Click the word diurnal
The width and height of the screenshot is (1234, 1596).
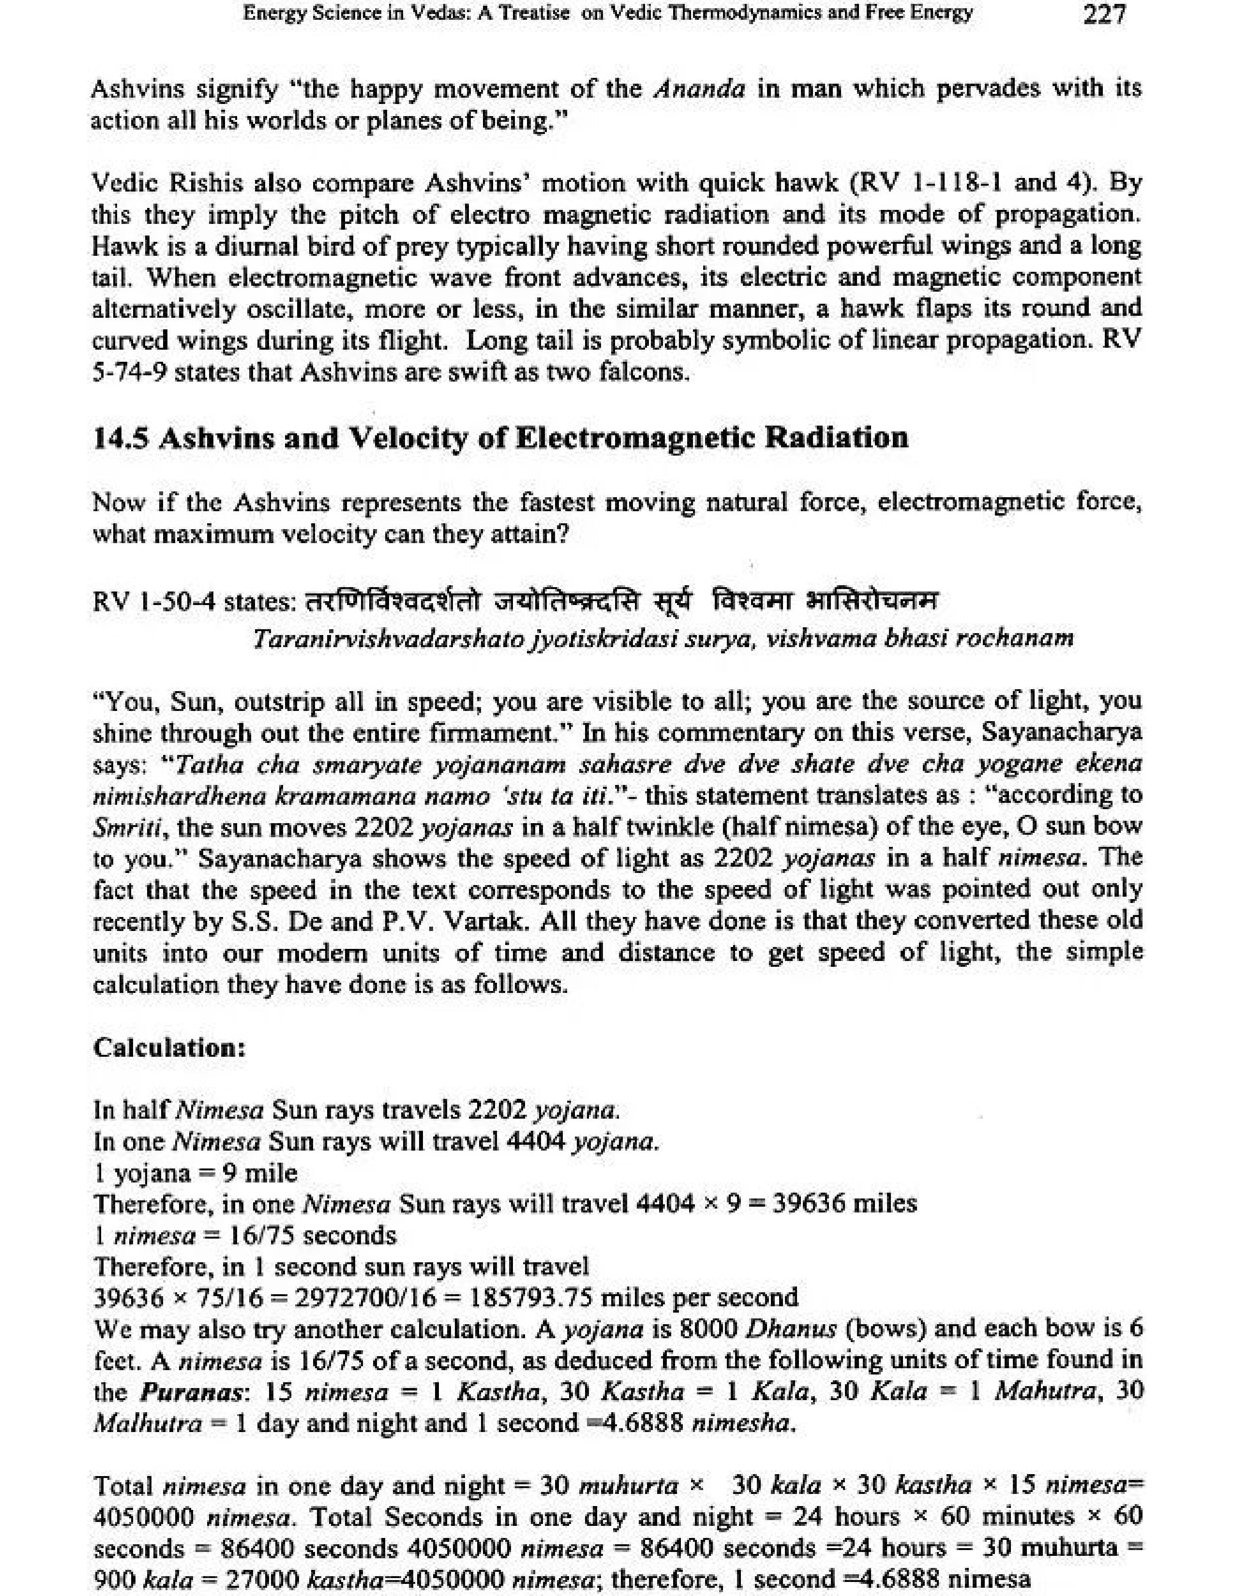click(243, 246)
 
